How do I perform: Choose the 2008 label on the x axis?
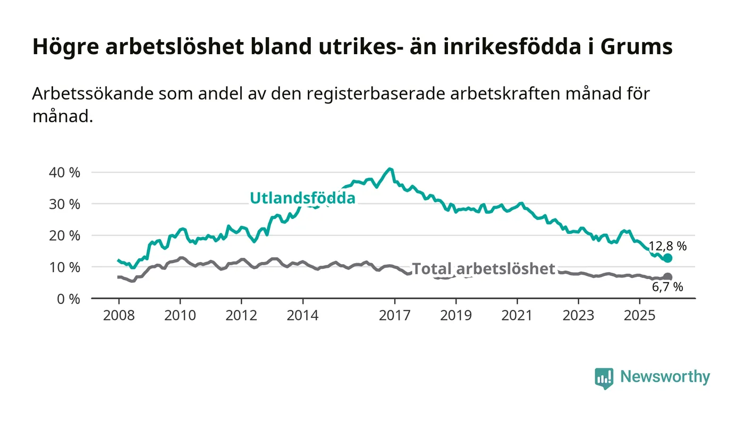pyautogui.click(x=119, y=315)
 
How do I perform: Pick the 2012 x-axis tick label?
pyautogui.click(x=241, y=315)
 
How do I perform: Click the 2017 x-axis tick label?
pyautogui.click(x=394, y=315)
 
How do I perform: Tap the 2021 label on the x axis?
pyautogui.click(x=517, y=315)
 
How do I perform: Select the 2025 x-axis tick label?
pyautogui.click(x=640, y=315)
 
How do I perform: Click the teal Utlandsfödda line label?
pyautogui.click(x=302, y=198)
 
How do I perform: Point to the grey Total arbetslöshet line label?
pyautogui.click(x=483, y=268)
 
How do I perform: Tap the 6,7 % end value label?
pyautogui.click(x=667, y=288)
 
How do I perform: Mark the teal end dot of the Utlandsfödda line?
pyautogui.click(x=668, y=258)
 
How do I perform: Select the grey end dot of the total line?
pyautogui.click(x=668, y=277)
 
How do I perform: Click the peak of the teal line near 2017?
pyautogui.click(x=391, y=169)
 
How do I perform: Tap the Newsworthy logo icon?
pyautogui.click(x=604, y=378)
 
